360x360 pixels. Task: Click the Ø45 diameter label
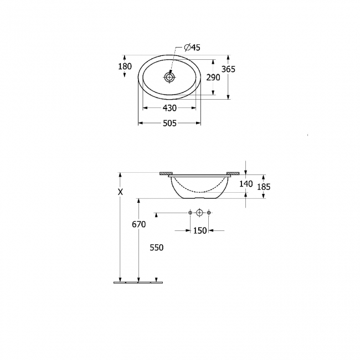192,48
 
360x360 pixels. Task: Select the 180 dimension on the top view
125,66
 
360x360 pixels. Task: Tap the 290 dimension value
213,78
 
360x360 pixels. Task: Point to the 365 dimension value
228,69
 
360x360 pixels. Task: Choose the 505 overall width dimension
169,124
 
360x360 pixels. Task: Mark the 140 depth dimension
246,184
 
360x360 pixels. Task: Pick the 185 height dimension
264,187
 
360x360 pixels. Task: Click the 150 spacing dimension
199,230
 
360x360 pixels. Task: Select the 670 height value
138,224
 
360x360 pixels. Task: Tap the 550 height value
156,248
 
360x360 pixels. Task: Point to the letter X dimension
120,192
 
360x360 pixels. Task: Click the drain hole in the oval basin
169,78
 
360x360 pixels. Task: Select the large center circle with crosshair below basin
199,213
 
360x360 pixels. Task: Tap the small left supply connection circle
190,213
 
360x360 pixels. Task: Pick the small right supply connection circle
209,213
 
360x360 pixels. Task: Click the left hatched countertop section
165,173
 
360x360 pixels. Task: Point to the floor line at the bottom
138,282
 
